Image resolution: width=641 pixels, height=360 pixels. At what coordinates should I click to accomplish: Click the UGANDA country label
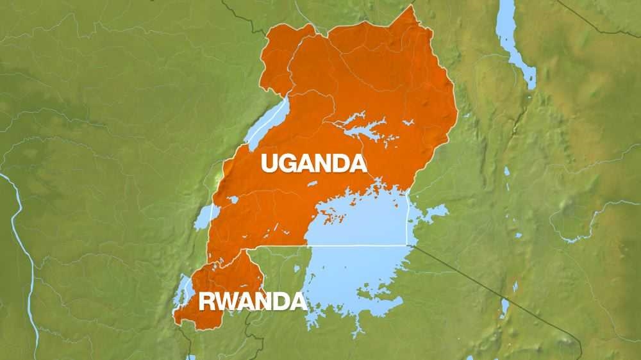[313, 163]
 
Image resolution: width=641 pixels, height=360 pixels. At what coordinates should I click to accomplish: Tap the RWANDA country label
[252, 301]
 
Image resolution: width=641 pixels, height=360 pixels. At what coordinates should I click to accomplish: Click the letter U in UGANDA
[269, 164]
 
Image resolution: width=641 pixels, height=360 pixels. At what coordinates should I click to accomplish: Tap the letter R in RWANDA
[206, 301]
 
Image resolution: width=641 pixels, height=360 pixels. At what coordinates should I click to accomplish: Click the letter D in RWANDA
[278, 301]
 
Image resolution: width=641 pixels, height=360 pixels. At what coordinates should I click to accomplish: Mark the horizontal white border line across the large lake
[359, 245]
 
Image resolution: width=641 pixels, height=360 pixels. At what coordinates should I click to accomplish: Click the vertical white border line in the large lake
[409, 218]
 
